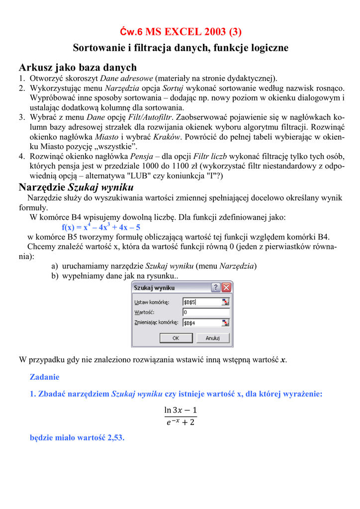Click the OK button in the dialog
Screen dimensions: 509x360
pyautogui.click(x=176, y=338)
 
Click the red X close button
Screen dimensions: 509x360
pyautogui.click(x=227, y=288)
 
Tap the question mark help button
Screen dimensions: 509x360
pyautogui.click(x=216, y=288)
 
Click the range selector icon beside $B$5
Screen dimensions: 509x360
pyautogui.click(x=225, y=302)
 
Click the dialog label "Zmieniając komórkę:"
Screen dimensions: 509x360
pyautogui.click(x=157, y=323)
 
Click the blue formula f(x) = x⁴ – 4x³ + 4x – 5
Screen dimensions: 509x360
pyautogui.click(x=101, y=228)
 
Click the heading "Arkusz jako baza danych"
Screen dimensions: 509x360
pyautogui.click(x=78, y=67)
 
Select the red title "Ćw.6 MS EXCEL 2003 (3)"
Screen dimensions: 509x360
pyautogui.click(x=180, y=32)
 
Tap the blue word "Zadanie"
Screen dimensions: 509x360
pyautogui.click(x=44, y=377)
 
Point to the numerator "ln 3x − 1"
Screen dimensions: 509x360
pyautogui.click(x=180, y=410)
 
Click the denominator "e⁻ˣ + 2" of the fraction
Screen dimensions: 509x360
pyautogui.click(x=180, y=423)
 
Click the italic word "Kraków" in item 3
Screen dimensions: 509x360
pyautogui.click(x=166, y=136)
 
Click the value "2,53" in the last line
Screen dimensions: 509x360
pyautogui.click(x=114, y=438)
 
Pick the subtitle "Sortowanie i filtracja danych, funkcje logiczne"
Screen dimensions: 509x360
pyautogui.click(x=180, y=48)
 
